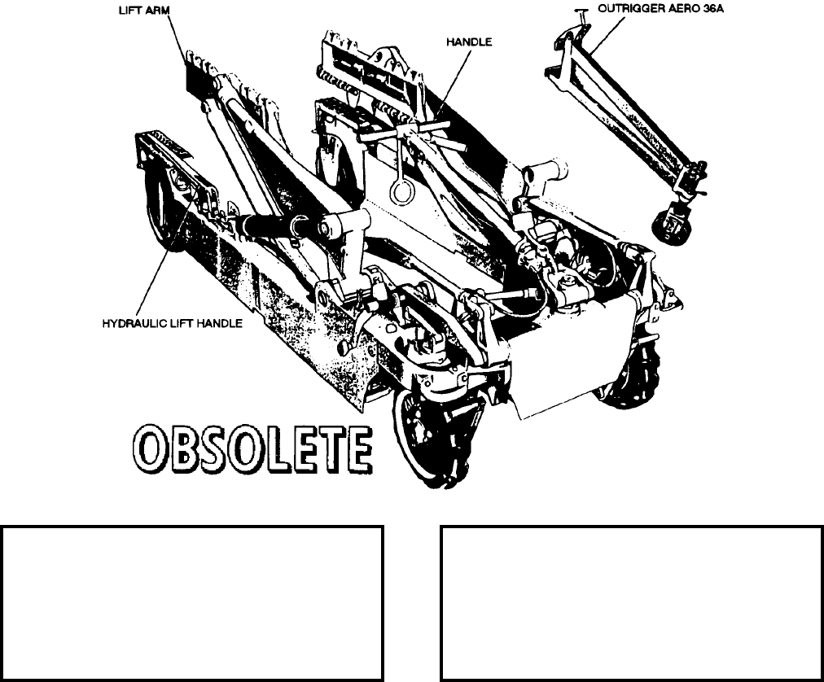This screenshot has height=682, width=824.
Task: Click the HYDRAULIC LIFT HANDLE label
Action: [172, 323]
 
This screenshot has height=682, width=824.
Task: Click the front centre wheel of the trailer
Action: [423, 439]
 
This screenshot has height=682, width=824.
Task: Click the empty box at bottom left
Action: [192, 602]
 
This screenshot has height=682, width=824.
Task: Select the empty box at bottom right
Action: [631, 602]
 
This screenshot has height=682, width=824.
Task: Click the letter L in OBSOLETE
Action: [279, 448]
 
